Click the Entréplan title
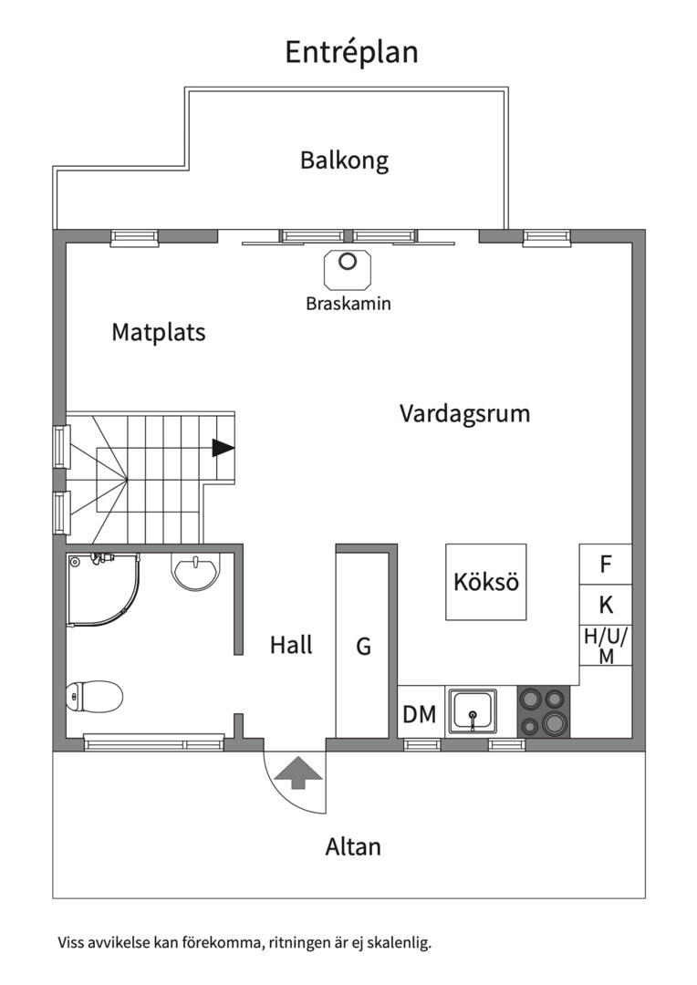(351, 52)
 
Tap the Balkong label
(344, 161)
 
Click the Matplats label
(159, 332)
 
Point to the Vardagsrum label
(464, 414)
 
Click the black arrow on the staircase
(223, 448)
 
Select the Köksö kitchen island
(486, 582)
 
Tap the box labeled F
(605, 564)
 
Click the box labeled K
(605, 605)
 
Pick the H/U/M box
(606, 646)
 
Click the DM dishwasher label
(420, 714)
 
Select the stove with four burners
(544, 711)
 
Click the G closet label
(363, 648)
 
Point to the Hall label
(291, 646)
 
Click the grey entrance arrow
(296, 774)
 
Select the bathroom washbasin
(195, 572)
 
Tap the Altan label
(353, 847)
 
